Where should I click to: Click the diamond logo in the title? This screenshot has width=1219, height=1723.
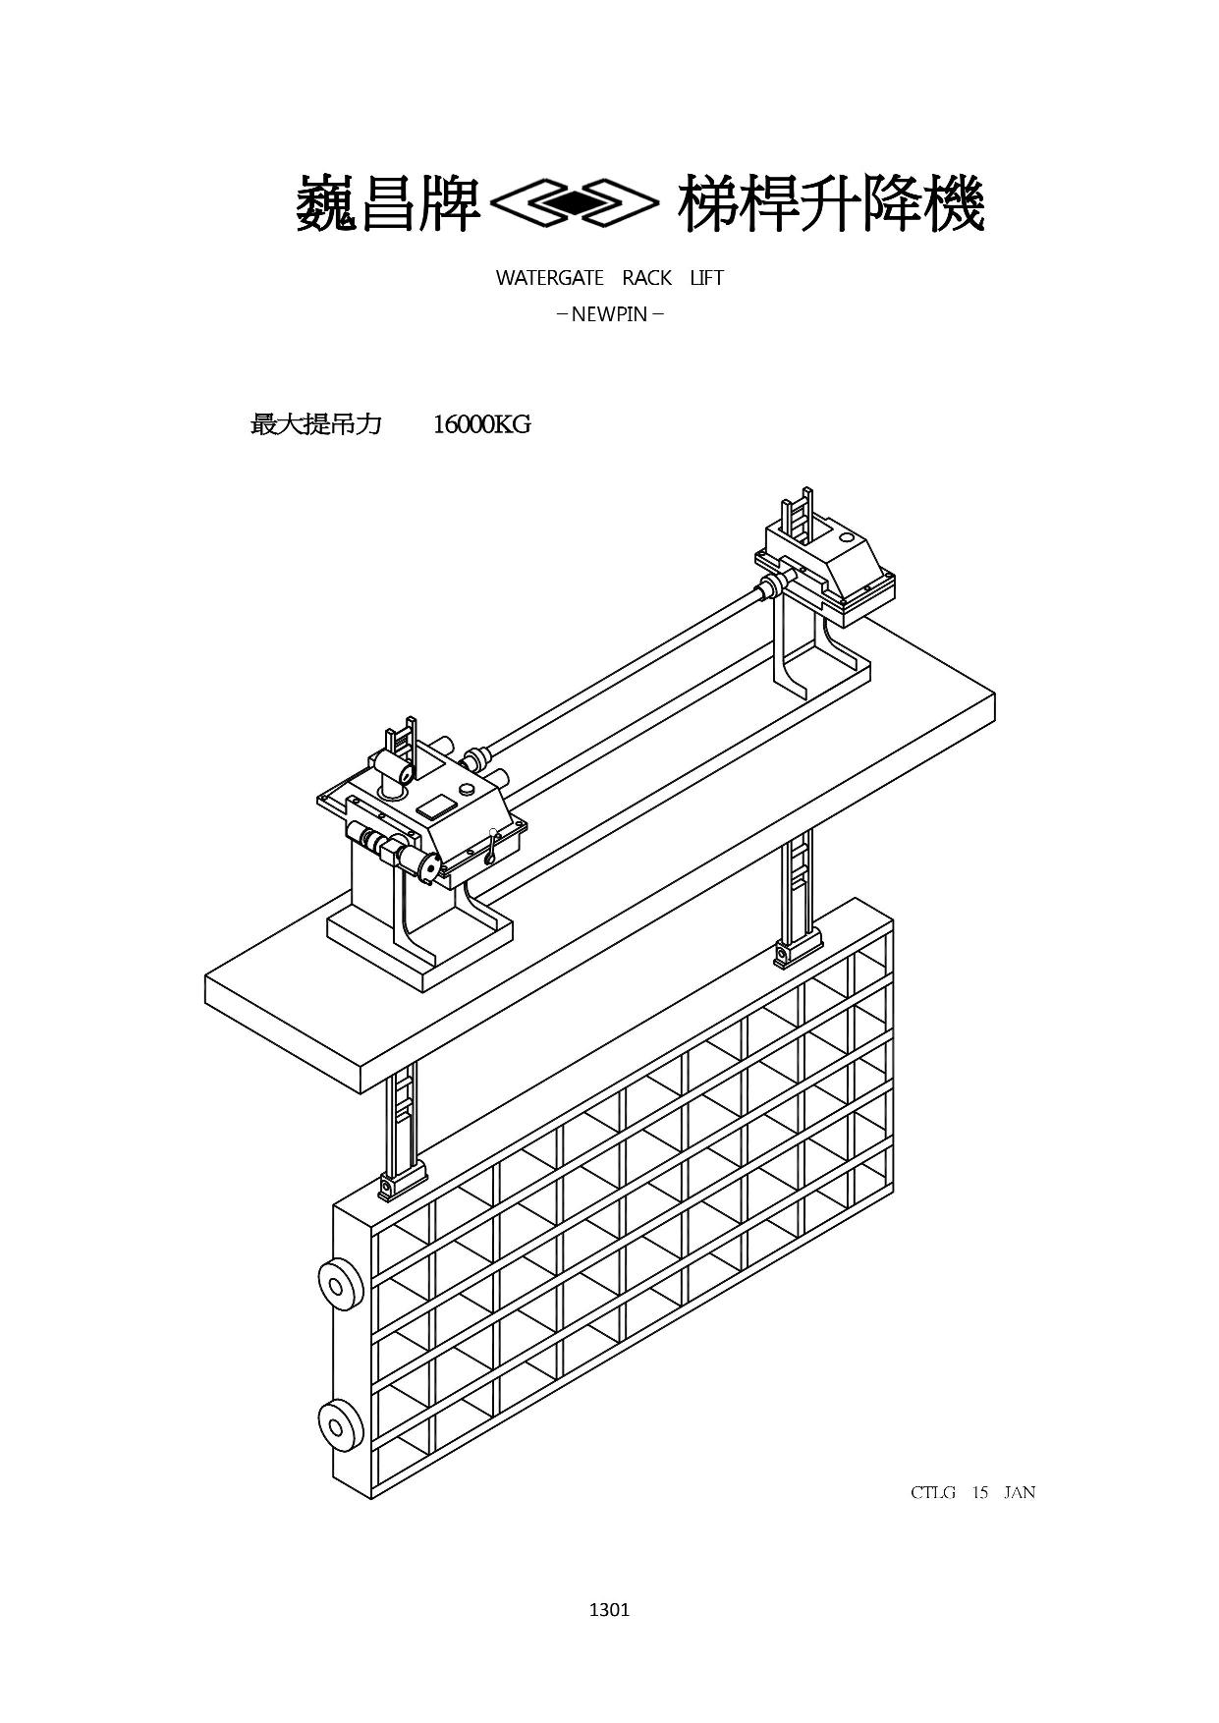[574, 203]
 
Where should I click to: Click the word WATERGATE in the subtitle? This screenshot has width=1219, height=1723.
[549, 278]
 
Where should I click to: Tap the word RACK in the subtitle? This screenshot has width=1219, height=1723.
[646, 278]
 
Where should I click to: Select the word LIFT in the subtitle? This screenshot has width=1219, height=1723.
[706, 278]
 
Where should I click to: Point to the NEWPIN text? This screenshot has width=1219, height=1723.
[610, 315]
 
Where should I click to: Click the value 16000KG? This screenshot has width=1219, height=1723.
[481, 424]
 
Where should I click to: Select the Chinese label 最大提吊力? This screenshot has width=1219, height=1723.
[316, 424]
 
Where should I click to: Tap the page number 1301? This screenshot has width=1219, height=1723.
[609, 1609]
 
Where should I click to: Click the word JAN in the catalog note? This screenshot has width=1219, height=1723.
[1020, 1492]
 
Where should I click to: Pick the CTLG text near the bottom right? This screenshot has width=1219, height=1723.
[933, 1492]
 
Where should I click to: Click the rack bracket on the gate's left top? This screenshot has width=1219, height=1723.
[403, 1178]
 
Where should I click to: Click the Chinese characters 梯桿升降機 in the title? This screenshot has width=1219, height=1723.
[831, 204]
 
